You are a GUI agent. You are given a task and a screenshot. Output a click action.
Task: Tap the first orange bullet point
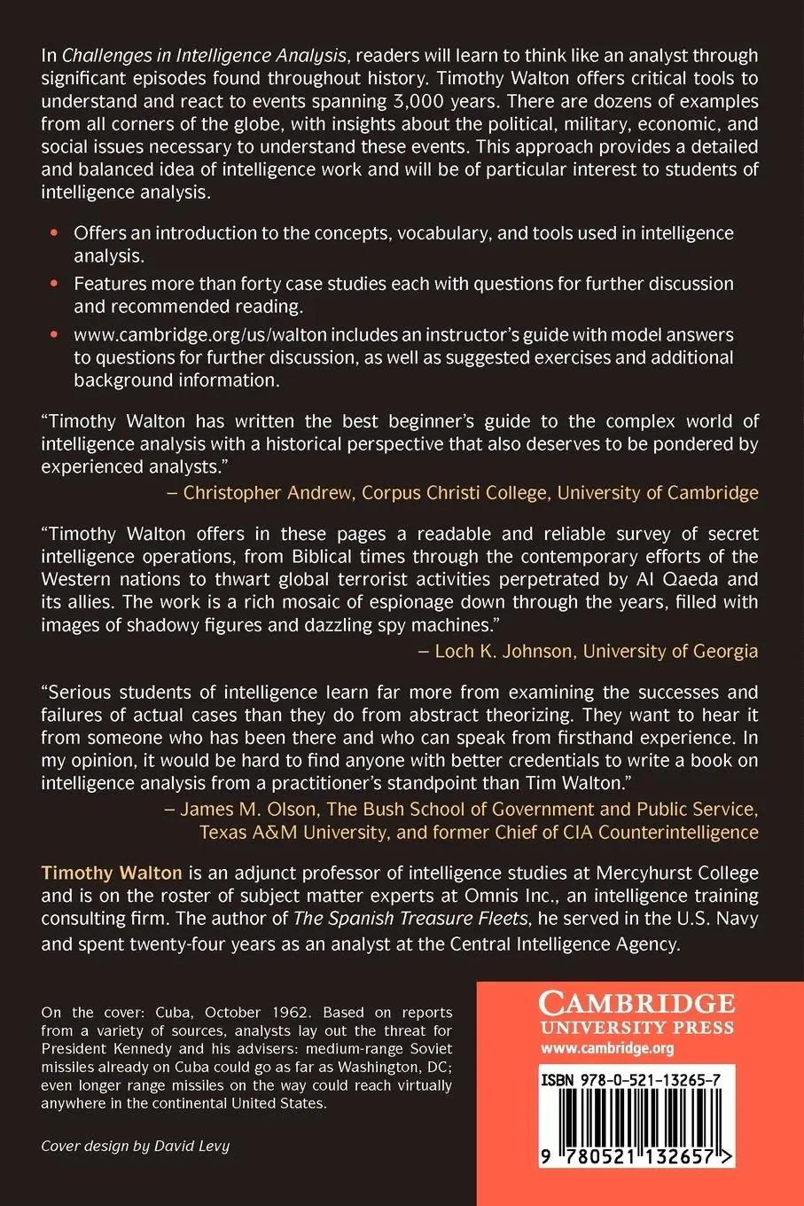coord(55,233)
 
